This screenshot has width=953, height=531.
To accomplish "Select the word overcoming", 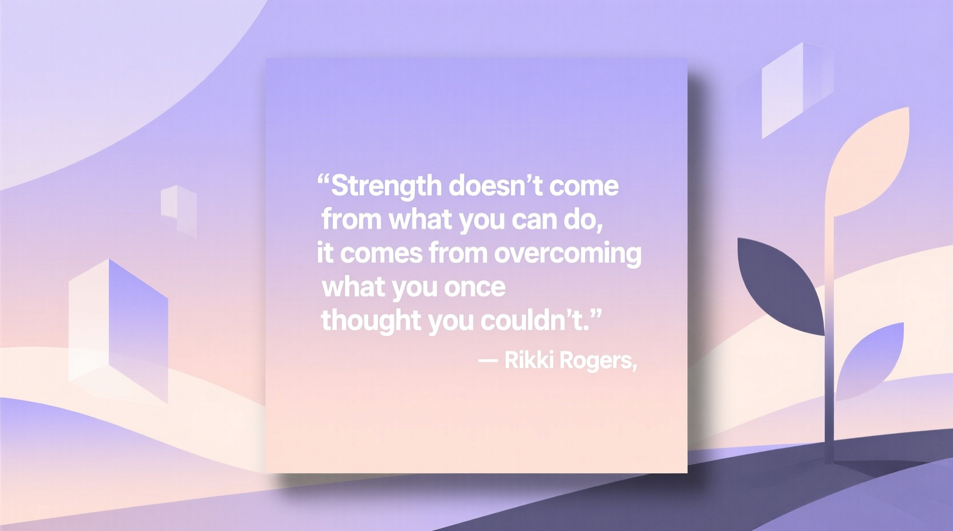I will tap(568, 253).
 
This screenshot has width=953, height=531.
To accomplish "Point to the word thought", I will tap(371, 320).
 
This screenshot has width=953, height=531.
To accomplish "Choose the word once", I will tap(475, 287).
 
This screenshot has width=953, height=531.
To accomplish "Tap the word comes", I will tap(381, 253).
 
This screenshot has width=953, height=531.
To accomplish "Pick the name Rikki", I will tap(529, 360).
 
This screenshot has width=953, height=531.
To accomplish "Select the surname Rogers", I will tap(596, 361).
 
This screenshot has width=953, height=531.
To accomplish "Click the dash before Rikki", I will tap(487, 360).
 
